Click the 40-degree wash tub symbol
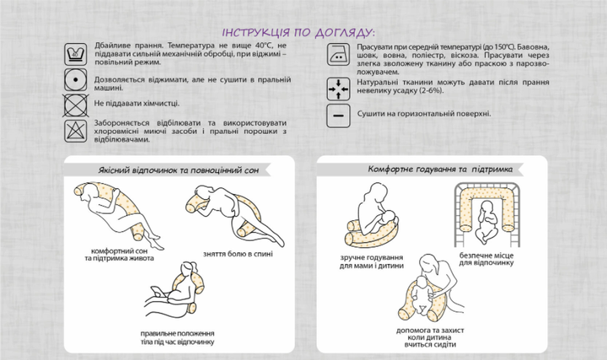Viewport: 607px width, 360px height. pos(76,54)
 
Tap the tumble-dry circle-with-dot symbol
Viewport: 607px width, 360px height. pos(76,80)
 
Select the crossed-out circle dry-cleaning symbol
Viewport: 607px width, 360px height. pos(76,105)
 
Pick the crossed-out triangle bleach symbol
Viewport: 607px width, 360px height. pos(76,131)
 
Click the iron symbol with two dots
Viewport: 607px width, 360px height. pos(338,54)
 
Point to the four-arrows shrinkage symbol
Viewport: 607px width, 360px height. pos(338,89)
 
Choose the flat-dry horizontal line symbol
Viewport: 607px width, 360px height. pos(338,116)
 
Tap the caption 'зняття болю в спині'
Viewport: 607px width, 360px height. pos(238,254)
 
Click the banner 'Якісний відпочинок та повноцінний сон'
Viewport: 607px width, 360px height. pos(179,170)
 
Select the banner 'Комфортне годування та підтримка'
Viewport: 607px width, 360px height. pos(440,169)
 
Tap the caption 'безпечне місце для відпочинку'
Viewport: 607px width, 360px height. pos(486,259)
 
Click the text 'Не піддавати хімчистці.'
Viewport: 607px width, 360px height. pos(137,104)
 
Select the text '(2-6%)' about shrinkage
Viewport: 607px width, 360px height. pos(431,90)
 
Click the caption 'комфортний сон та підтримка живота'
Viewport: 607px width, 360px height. pos(119,255)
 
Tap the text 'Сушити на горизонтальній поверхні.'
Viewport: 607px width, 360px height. pos(424,114)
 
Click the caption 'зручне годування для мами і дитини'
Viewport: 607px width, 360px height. pos(372,261)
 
